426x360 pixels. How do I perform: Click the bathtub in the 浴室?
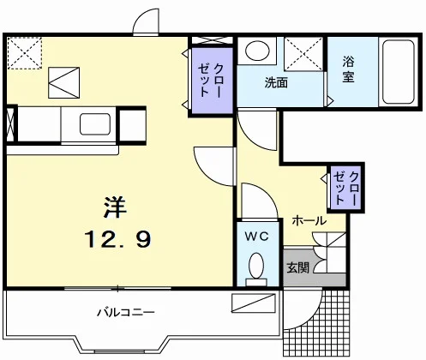coord(399,72)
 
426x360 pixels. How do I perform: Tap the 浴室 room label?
coord(348,69)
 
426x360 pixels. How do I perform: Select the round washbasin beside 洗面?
coord(257,51)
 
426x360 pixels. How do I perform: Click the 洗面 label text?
coord(276,83)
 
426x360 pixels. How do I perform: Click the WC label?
coord(257,236)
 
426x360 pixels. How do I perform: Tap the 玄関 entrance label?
coord(298,267)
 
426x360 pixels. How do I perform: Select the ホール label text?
coord(309,220)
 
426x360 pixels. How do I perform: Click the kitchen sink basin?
coord(95,124)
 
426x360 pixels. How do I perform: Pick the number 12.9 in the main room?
coord(117,239)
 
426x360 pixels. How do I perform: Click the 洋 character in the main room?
coord(115,207)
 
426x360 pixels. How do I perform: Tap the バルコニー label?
coord(126,312)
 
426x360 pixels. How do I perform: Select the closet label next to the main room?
coord(211,81)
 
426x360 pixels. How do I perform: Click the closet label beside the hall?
coord(346,188)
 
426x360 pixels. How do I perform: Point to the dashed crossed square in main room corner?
coord(25,53)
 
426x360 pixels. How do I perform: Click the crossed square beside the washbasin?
coord(303,54)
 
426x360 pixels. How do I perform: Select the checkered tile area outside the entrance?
coord(316,323)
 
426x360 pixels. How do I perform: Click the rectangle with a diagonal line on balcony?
coord(254,303)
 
